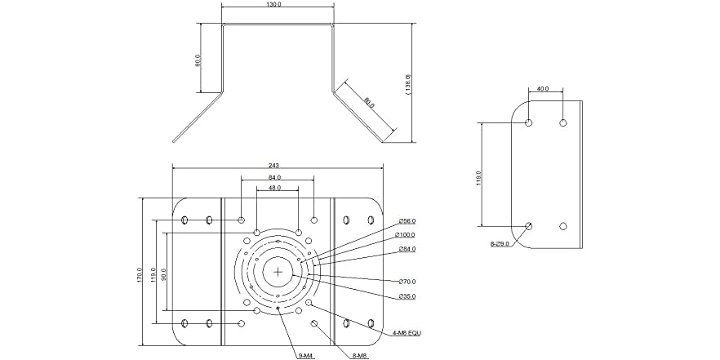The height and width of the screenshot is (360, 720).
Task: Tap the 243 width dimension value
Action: pos(273,166)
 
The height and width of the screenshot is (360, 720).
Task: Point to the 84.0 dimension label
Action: pos(274,177)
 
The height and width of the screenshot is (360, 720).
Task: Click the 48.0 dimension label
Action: pos(274,188)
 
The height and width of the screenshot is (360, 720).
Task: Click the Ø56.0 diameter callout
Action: pos(407,221)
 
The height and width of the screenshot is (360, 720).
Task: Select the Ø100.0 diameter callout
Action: pos(408,235)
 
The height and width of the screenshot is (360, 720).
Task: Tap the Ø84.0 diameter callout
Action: pos(407,249)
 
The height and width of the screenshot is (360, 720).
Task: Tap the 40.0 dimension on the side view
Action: pos(544,89)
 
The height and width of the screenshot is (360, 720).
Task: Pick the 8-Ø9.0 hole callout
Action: pos(500,244)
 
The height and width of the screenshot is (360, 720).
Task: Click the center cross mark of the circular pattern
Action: pos(278,271)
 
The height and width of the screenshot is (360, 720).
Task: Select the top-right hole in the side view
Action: pos(562,122)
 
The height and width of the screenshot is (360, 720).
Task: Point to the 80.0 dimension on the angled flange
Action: pos(369,104)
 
